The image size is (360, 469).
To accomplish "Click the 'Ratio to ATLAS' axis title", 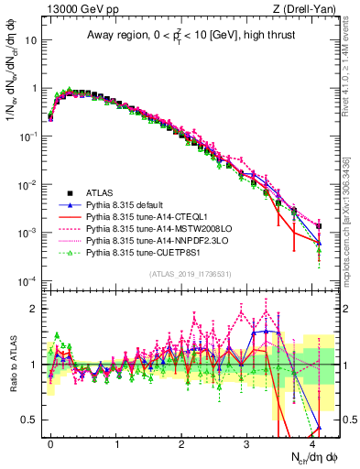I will [x=13, y=364].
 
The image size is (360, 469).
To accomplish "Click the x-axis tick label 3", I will [x=247, y=442].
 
